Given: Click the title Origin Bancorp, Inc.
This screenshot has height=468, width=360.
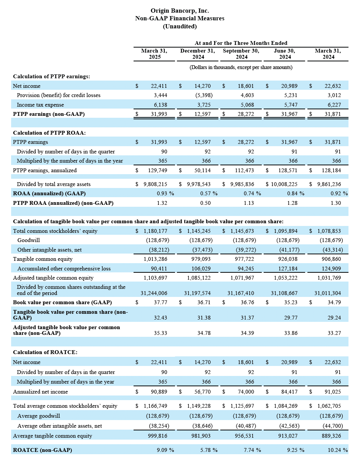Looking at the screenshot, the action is point(180,11).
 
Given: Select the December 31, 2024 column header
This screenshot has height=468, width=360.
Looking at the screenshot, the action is point(198,54).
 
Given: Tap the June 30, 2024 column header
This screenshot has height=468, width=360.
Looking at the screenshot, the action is point(284,54).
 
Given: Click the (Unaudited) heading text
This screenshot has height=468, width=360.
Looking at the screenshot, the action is point(180,26).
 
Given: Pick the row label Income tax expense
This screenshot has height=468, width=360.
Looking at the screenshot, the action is point(40,105).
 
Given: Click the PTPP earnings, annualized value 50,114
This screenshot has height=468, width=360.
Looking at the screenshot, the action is point(202,170).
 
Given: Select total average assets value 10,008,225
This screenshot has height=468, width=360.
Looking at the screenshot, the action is point(284,184).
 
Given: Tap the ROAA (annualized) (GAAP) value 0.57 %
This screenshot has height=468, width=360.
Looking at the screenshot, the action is point(209,193).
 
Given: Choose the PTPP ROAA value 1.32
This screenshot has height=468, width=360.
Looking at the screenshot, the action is point(162,203).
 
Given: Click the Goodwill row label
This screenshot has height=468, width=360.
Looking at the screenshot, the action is point(28,240).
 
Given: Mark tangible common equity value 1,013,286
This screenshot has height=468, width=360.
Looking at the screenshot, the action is point(155,259).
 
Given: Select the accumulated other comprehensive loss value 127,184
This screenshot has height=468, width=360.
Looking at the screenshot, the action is point(287,269).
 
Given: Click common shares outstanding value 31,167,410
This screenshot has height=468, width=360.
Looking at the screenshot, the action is point(241,293).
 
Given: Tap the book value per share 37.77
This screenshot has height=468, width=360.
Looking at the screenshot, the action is point(160,302).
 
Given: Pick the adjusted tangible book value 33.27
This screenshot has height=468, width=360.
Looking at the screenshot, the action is point(334,333).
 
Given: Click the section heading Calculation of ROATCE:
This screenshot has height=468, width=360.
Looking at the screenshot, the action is point(45,352).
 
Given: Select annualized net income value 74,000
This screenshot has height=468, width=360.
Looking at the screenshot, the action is point(246,392).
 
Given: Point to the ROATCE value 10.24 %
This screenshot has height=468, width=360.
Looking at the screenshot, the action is point(338,450).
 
